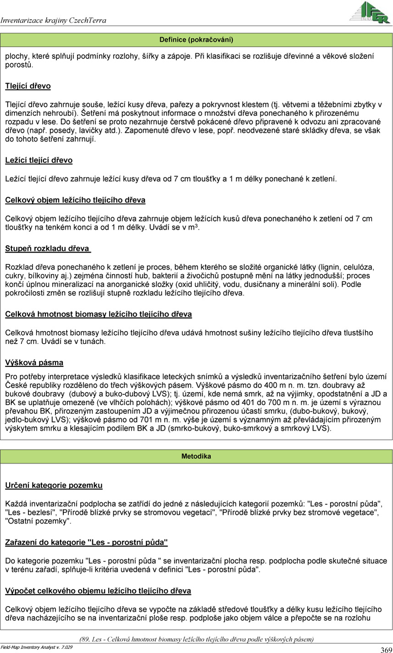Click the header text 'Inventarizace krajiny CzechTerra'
(54, 20)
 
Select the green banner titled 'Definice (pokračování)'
(196, 40)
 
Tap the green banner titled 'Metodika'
(196, 456)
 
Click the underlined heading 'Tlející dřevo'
(28, 86)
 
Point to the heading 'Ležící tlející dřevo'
(39, 160)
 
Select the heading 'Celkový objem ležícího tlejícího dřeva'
(75, 200)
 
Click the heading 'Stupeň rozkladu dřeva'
(47, 249)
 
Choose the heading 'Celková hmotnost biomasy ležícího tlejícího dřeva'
(98, 314)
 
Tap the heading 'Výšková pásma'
(34, 363)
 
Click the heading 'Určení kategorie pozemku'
(54, 485)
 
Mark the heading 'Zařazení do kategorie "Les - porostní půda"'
(86, 542)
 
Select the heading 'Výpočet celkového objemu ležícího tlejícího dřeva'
(98, 591)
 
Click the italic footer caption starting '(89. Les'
(196, 639)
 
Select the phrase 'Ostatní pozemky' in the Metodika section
(38, 521)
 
